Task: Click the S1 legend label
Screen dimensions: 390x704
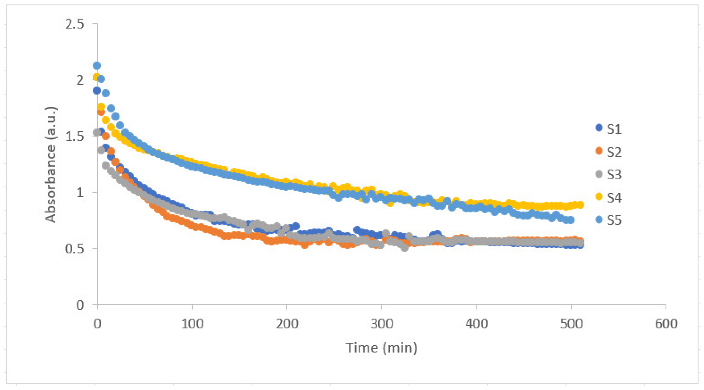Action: [x=614, y=129]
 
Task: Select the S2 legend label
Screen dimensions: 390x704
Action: [x=614, y=152]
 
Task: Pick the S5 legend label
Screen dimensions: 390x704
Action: [x=614, y=220]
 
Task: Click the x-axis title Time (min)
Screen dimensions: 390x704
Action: [x=381, y=348]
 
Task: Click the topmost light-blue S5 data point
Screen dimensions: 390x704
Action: [x=97, y=66]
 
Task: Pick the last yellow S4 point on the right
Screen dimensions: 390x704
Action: [x=581, y=205]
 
